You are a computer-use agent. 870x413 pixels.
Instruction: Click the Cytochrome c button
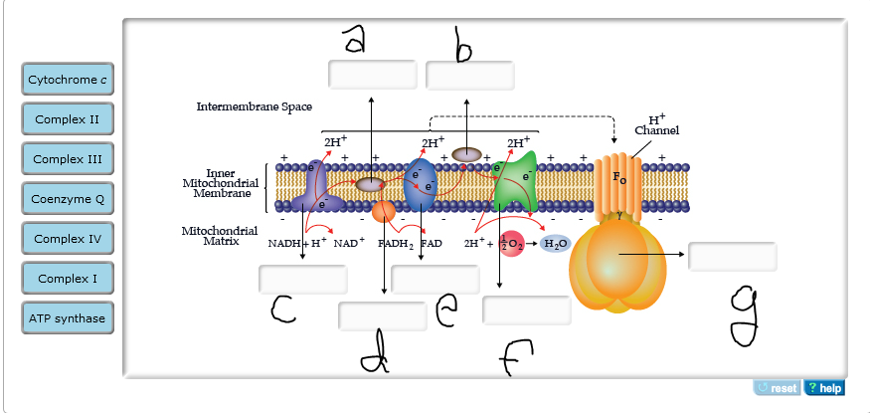pos(68,80)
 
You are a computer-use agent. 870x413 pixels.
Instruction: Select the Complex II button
pos(68,119)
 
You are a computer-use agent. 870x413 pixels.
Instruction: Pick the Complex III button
pos(68,159)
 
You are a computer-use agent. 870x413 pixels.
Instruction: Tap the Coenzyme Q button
pos(68,199)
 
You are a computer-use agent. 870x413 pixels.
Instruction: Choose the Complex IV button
pos(68,239)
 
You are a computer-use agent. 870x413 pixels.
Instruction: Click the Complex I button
pos(68,279)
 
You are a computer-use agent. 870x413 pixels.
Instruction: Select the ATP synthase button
pos(68,318)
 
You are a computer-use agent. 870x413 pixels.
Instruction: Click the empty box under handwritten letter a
pos(372,75)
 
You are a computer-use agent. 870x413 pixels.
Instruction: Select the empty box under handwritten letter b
pos(469,76)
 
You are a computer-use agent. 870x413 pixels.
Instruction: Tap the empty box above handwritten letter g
pos(732,256)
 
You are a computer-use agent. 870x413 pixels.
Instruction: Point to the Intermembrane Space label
pos(254,106)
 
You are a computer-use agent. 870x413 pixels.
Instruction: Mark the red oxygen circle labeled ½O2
pos(511,244)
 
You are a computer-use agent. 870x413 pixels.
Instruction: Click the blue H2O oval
pos(555,244)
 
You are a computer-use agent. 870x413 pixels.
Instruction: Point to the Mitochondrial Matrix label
pos(213,236)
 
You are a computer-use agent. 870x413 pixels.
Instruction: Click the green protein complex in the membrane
pos(515,184)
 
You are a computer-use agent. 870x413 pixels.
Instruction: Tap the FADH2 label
pos(395,243)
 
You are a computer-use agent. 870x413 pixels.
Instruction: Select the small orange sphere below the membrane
pos(384,211)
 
